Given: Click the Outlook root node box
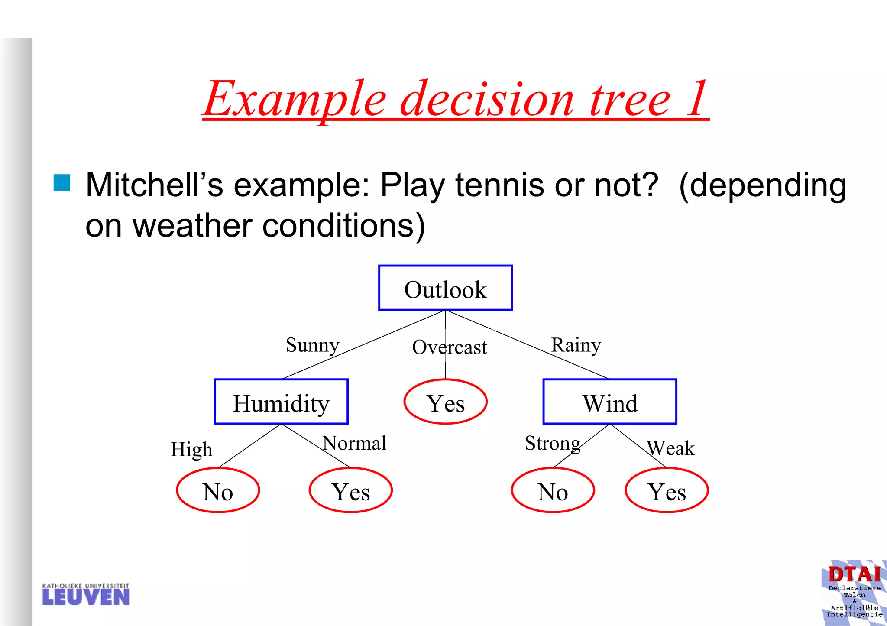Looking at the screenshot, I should pos(445,288).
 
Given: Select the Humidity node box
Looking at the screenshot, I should pos(281,402).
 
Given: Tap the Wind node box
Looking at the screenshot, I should pos(609,402).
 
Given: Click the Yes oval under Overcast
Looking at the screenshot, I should pos(445,402).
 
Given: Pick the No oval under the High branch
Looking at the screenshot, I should pos(218,490).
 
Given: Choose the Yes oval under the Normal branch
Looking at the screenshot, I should pos(350,490).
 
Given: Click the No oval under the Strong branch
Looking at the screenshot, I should pos(553,490).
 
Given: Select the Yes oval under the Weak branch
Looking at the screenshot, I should pos(667,490).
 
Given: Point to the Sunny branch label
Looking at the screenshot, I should pos(312,345).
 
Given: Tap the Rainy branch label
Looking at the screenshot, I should pos(576,345).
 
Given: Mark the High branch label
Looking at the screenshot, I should pos(191,450).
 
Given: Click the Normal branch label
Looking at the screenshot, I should pos(354,443).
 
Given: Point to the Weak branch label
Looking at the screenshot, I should pos(670,448).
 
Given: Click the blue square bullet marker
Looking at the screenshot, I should pos(62,182).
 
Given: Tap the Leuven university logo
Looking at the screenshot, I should pos(86,594).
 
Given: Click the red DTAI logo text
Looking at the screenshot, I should pos(854,574).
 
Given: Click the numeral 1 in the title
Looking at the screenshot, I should pos(696,99).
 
